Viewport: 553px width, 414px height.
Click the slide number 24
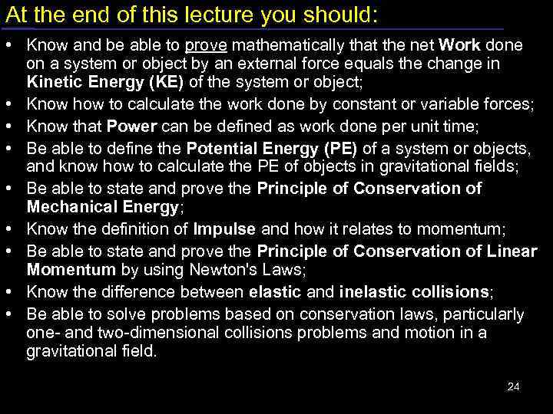pos(514,386)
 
